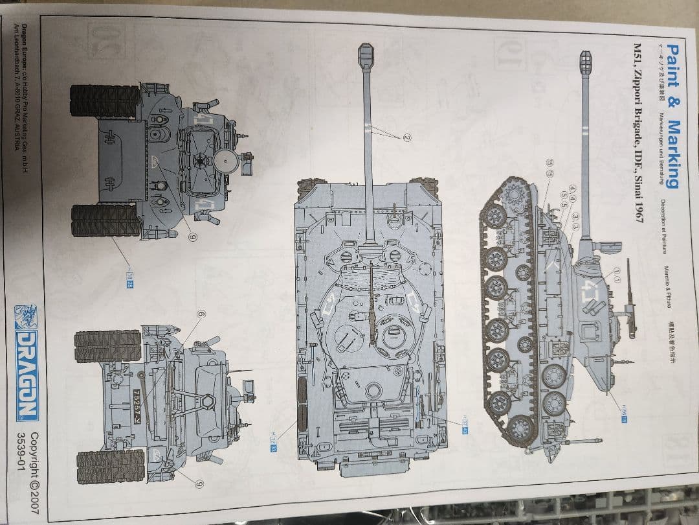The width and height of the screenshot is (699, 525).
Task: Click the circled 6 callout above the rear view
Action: (201, 315)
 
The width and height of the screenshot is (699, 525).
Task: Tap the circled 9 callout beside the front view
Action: (192, 237)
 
